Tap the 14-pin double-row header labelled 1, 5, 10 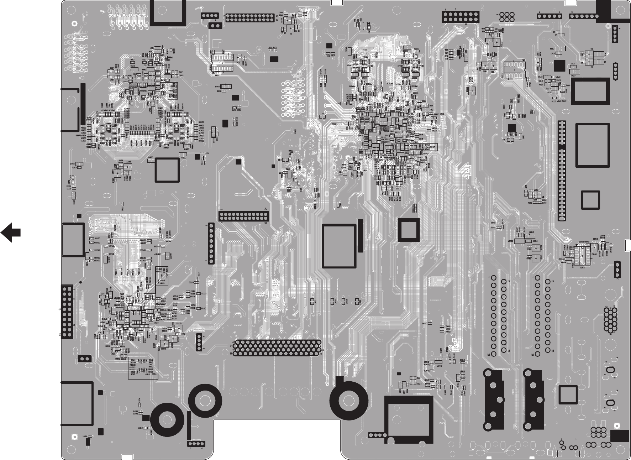(x=461, y=16)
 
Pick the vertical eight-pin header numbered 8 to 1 (x=211, y=244)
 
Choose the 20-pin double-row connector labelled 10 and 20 (x=67, y=312)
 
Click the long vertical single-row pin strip (x=562, y=171)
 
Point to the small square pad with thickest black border (x=408, y=230)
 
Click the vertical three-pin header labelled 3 (x=617, y=269)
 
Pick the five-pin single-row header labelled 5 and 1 (x=550, y=16)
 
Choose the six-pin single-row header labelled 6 (x=583, y=16)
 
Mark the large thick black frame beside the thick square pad (x=339, y=246)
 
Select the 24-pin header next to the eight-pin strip (x=243, y=216)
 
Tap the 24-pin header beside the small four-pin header (x=250, y=18)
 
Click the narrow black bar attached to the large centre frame (x=361, y=236)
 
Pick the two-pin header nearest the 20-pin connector (x=84, y=359)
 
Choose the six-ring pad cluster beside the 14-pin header (x=507, y=16)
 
